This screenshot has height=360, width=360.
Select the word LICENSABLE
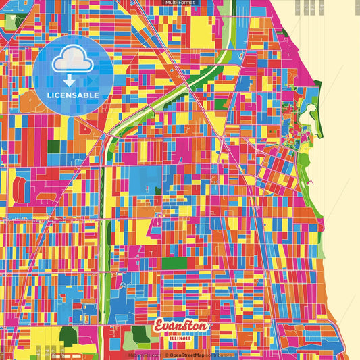pyautogui.click(x=72, y=95)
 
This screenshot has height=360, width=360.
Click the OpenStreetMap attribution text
pyautogui.click(x=187, y=355)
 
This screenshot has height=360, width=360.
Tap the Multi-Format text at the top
pyautogui.click(x=180, y=3)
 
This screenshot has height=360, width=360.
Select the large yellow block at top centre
pyautogui.click(x=201, y=32)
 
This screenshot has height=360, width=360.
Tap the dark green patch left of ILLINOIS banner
pyautogui.click(x=140, y=332)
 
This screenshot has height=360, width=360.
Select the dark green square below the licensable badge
pyautogui.click(x=54, y=147)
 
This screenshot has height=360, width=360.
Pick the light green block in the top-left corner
pyautogui.click(x=8, y=20)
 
